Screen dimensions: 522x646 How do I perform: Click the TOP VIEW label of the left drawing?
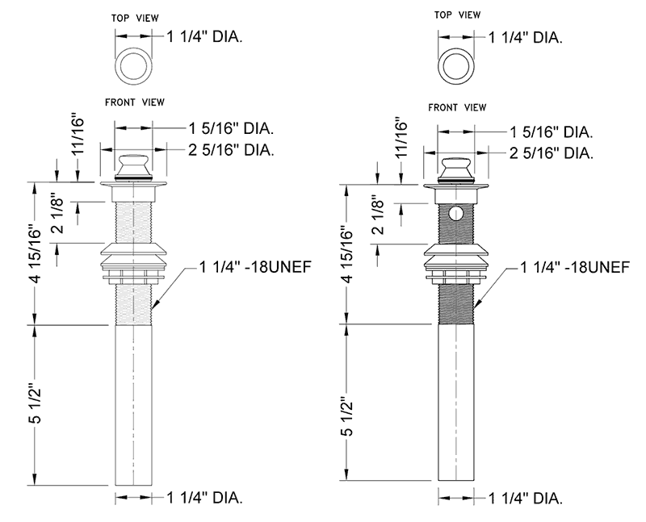click(135, 16)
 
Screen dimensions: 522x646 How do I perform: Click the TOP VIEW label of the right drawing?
click(457, 16)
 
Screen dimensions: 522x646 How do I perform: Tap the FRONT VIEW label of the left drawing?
click(135, 102)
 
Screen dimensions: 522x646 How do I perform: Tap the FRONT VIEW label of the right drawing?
click(457, 106)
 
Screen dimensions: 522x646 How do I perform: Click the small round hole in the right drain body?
click(455, 215)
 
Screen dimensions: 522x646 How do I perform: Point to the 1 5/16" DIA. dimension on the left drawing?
click(230, 127)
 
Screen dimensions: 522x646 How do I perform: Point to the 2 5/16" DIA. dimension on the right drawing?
click(552, 153)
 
